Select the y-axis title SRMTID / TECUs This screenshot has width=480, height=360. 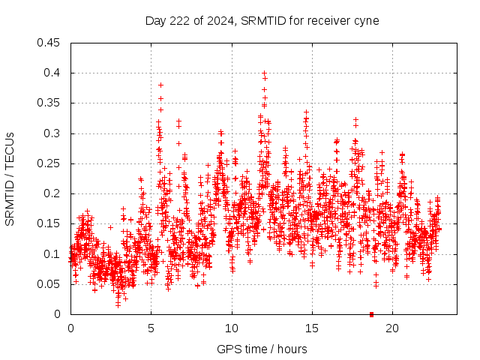[10, 178]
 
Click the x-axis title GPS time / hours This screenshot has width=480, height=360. [262, 349]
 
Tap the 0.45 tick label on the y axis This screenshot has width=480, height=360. [49, 43]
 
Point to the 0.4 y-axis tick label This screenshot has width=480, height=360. [52, 73]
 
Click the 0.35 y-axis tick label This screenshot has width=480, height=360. [49, 103]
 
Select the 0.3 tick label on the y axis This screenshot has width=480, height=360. [52, 133]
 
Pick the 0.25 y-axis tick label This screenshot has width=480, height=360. [49, 163]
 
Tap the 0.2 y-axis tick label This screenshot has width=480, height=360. [52, 193]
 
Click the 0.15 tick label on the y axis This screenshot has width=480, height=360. [49, 223]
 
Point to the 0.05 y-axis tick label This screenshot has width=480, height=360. [49, 284]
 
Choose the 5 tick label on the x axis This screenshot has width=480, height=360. [151, 328]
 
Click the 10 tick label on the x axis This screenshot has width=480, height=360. [231, 328]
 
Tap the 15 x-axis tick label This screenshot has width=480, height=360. [311, 328]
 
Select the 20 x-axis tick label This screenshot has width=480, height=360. [391, 328]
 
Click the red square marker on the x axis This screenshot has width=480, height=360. [371, 313]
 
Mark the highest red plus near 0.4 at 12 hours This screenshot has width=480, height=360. [264, 73]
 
